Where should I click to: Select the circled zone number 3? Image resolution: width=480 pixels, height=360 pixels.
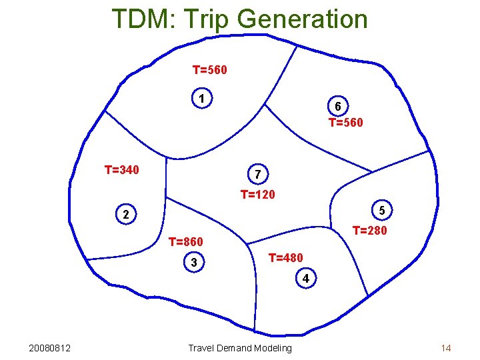click(x=193, y=263)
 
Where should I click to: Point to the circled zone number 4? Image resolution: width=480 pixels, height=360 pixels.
click(x=305, y=278)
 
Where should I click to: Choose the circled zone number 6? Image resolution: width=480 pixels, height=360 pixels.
click(x=338, y=107)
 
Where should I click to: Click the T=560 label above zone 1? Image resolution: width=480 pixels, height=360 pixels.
click(x=210, y=69)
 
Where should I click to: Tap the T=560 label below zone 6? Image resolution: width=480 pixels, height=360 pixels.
click(x=346, y=123)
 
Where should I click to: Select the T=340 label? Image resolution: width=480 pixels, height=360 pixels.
click(x=122, y=170)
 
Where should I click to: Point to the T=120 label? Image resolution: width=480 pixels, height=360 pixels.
click(x=258, y=195)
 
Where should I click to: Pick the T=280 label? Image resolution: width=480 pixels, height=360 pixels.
click(x=369, y=231)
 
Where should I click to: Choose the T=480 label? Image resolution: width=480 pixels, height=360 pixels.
click(x=285, y=258)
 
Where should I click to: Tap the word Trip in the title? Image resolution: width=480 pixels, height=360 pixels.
click(x=209, y=19)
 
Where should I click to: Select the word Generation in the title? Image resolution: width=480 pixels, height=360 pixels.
click(x=302, y=19)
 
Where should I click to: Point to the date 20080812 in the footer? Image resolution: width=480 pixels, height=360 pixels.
click(x=51, y=348)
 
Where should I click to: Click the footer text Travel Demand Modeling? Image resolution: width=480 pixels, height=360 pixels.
click(x=240, y=348)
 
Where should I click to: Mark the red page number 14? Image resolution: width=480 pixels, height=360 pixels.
click(x=446, y=348)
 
